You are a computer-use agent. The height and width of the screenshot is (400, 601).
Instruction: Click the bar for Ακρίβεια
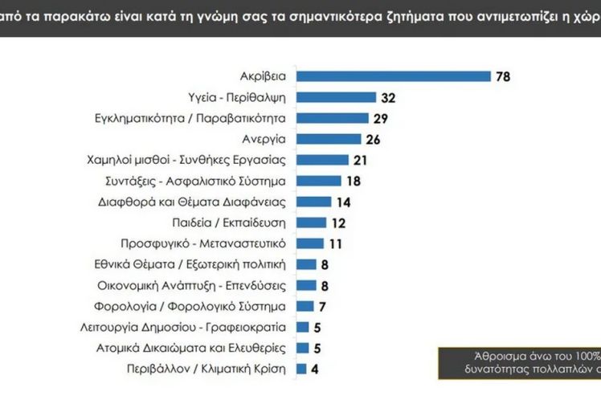[394, 76]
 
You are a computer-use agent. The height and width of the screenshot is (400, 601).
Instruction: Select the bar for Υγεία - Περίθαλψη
[337, 97]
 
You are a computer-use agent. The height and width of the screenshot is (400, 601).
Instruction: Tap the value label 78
[504, 76]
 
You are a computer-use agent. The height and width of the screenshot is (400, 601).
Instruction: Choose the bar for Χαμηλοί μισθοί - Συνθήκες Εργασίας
[322, 160]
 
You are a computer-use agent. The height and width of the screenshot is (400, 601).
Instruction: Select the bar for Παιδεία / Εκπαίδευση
[312, 222]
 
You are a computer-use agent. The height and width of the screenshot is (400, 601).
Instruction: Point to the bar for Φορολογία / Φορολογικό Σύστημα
[305, 306]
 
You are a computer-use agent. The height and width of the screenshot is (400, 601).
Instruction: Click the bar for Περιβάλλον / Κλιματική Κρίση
[302, 369]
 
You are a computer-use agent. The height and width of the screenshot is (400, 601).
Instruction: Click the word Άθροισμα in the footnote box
[491, 357]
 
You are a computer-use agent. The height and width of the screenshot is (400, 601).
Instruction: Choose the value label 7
[322, 306]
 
